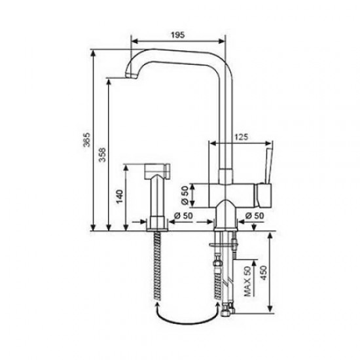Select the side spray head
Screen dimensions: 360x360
[156, 173]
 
